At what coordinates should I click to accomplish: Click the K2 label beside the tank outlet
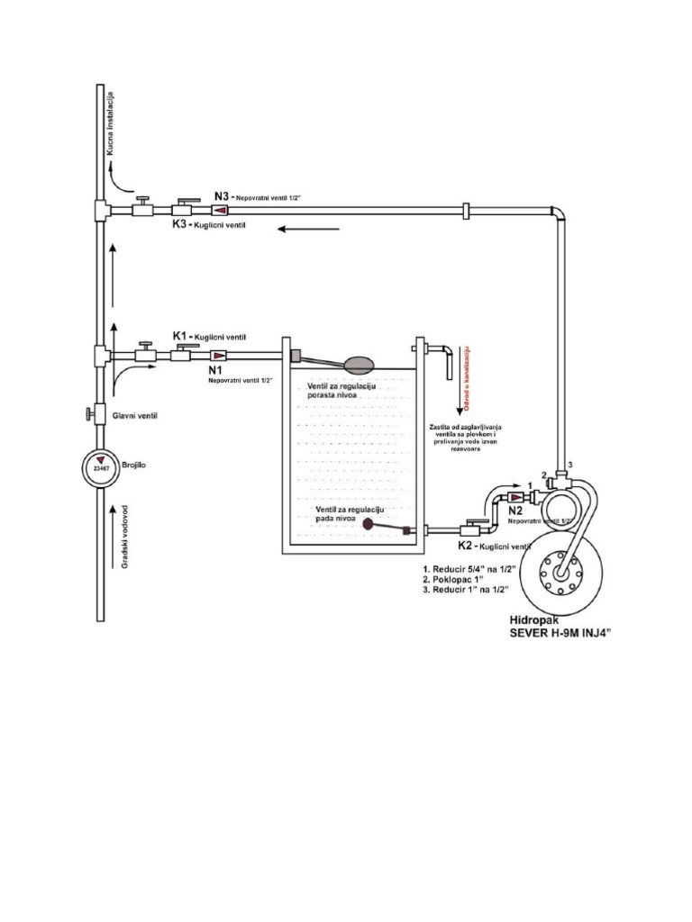pos(467,546)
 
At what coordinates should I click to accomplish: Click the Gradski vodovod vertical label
pos(126,537)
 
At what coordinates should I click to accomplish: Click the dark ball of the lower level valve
pos(369,517)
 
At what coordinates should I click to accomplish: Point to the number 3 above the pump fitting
pos(569,465)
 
